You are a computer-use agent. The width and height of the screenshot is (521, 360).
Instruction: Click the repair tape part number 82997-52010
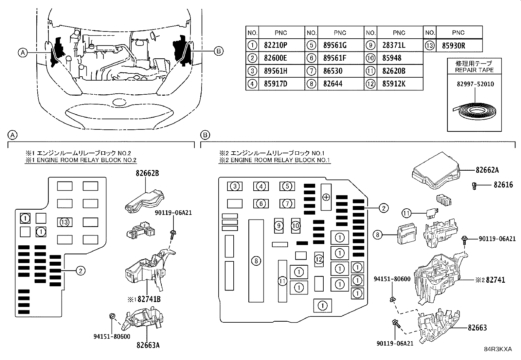coord(475,84)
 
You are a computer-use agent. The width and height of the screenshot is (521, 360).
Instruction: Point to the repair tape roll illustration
coord(474,111)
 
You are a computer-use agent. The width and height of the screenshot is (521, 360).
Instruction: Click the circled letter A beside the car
coord(23,53)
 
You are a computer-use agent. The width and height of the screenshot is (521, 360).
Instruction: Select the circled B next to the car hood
coord(218,51)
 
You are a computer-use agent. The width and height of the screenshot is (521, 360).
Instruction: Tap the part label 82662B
coord(148,173)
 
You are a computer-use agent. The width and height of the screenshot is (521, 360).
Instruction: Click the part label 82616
coord(503,185)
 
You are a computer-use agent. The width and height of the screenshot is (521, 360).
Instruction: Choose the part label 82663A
coord(148,345)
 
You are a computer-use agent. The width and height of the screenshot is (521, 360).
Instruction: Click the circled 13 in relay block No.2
coord(64,222)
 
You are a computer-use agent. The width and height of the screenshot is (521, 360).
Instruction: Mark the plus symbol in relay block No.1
coord(326,197)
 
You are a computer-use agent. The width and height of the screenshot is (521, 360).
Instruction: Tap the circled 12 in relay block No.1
coord(319,259)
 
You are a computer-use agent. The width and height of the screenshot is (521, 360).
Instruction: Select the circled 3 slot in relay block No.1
coord(235,186)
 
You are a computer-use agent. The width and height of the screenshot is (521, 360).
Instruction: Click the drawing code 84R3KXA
coord(498,349)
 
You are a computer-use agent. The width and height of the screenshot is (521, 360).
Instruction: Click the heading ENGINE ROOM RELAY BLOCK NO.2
coord(81,160)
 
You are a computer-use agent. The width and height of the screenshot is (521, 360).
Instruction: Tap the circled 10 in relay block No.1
coord(296,226)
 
